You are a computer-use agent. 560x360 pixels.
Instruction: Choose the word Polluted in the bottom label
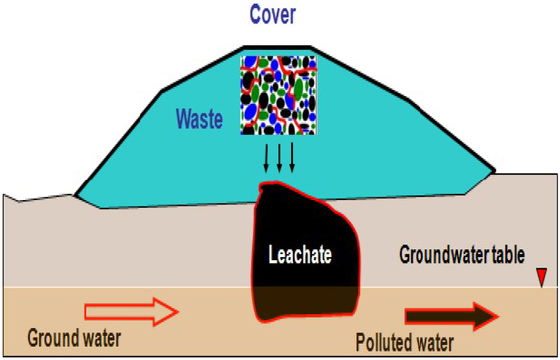pyautogui.click(x=383, y=344)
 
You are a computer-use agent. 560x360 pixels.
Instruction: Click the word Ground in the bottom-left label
pyautogui.click(x=44, y=337)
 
